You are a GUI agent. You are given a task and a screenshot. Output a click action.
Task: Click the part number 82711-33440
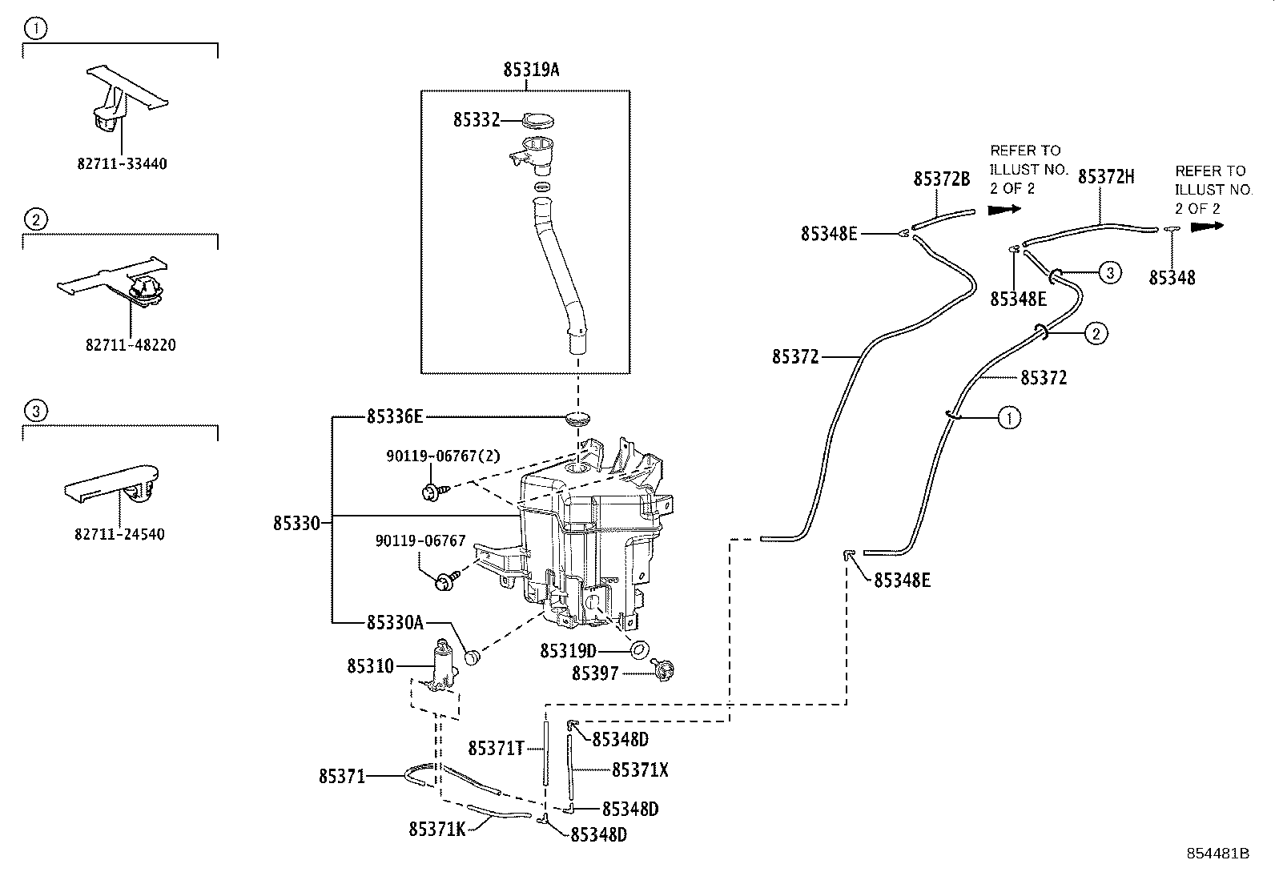(x=122, y=163)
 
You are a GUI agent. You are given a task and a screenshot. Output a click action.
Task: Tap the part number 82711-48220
(x=131, y=345)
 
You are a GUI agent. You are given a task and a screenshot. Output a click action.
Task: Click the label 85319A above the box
(x=530, y=70)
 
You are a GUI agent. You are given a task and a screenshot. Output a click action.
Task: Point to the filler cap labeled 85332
(x=538, y=121)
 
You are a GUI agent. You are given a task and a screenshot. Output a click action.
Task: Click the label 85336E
(x=395, y=416)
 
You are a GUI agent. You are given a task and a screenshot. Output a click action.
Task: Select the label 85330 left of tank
(x=296, y=524)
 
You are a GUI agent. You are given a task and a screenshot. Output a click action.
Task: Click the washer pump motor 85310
(x=442, y=665)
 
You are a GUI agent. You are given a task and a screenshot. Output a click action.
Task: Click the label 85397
(x=595, y=673)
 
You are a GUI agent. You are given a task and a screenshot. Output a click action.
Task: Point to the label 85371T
(x=496, y=748)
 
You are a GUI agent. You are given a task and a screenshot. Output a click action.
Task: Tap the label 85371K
(x=436, y=829)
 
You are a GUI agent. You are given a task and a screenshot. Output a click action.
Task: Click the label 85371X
(x=640, y=769)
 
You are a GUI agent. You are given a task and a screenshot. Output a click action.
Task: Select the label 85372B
(x=942, y=179)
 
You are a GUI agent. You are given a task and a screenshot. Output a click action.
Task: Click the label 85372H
(x=1106, y=177)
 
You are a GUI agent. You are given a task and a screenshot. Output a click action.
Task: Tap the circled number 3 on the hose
(x=1109, y=272)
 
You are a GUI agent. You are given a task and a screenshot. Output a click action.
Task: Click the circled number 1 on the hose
(x=1009, y=416)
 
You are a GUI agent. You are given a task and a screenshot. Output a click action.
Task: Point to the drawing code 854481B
(x=1218, y=854)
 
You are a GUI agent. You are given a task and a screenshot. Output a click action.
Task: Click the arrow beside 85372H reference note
(x=1207, y=227)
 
